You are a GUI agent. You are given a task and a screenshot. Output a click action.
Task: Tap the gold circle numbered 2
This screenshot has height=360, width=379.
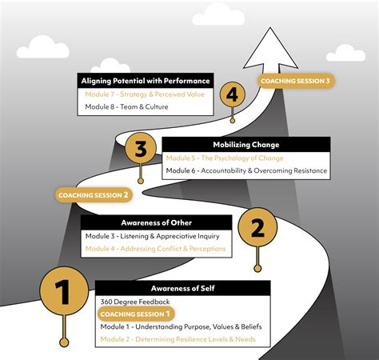tap(257, 230)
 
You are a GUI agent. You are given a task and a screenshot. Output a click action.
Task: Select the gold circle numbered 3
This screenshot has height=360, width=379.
tap(141, 150)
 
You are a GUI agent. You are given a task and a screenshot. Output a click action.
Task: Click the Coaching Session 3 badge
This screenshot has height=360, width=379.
tap(293, 81)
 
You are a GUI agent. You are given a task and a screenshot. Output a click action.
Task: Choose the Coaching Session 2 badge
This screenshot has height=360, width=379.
tap(94, 194)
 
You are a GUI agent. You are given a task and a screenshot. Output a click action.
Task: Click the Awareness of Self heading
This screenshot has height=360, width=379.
tap(182, 288)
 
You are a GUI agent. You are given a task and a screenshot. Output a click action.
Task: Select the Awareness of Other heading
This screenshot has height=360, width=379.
tap(156, 222)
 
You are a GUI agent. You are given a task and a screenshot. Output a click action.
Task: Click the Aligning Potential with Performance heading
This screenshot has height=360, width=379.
tap(145, 80)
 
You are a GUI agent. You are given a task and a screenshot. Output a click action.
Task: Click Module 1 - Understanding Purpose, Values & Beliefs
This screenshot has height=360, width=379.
tap(182, 327)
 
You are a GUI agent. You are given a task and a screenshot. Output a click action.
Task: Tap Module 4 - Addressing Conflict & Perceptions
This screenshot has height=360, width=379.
tap(155, 249)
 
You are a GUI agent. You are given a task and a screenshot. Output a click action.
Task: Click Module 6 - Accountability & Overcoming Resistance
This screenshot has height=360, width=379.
tap(246, 170)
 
